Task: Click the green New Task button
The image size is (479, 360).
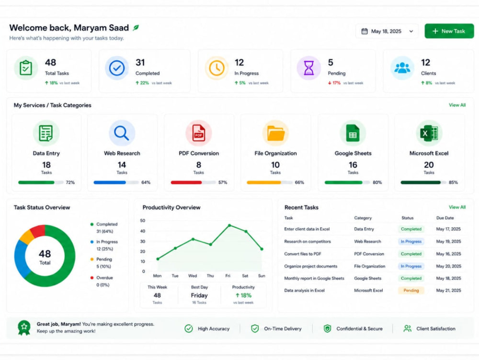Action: click(x=449, y=31)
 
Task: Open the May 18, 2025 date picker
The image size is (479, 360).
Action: click(x=387, y=31)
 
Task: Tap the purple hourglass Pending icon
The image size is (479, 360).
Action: click(x=308, y=68)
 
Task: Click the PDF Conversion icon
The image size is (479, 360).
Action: click(x=199, y=133)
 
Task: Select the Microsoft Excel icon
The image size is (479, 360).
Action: click(x=429, y=133)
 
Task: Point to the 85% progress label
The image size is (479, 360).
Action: click(x=453, y=183)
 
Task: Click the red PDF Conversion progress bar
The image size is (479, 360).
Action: click(x=186, y=183)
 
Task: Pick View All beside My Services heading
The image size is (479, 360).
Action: click(x=457, y=105)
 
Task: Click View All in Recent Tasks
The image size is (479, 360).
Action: click(x=457, y=207)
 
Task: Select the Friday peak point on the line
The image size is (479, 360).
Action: click(x=229, y=225)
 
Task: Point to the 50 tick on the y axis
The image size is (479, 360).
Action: click(x=142, y=221)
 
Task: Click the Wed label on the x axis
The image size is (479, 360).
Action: click(x=193, y=276)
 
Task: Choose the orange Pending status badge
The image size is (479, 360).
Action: click(x=411, y=290)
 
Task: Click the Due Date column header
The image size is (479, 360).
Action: click(x=445, y=218)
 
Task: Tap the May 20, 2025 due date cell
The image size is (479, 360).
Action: click(x=448, y=266)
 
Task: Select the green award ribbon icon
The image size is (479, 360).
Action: click(x=24, y=328)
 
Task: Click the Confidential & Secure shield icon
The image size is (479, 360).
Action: click(x=327, y=328)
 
